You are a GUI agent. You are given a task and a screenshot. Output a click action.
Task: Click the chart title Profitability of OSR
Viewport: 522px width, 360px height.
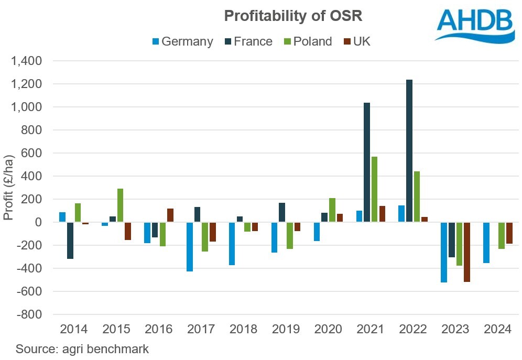(293, 16)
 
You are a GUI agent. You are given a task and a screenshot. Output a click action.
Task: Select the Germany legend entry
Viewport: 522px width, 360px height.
(182, 41)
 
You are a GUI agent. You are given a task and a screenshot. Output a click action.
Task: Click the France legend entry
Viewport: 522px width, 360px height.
(248, 41)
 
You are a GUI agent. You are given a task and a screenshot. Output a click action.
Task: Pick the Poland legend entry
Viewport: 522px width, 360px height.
(308, 41)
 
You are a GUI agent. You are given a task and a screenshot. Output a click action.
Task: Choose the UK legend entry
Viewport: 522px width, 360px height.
(356, 41)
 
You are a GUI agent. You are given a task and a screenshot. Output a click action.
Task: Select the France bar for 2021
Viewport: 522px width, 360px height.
(367, 162)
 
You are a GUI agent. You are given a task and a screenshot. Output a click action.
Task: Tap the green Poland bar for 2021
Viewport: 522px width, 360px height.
(375, 189)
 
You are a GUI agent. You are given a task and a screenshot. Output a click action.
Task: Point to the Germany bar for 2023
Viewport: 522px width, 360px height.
(444, 252)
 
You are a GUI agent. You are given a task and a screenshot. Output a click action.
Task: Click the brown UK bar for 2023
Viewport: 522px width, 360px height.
(466, 252)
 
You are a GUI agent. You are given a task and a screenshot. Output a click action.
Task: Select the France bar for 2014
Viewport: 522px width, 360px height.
(70, 241)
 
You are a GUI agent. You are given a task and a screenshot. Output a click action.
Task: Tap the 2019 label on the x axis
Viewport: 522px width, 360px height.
(286, 330)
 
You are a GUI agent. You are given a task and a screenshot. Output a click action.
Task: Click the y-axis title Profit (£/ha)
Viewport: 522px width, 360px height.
(9, 187)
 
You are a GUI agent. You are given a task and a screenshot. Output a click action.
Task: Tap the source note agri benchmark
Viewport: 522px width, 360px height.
(82, 349)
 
